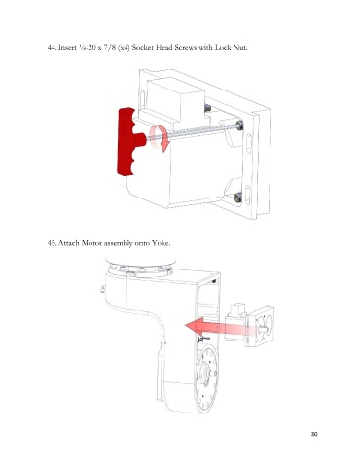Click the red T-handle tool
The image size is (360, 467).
[127, 141]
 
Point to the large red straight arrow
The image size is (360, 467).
[221, 327]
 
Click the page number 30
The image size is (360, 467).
[314, 434]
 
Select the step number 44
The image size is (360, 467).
[52, 47]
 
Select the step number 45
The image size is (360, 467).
[52, 243]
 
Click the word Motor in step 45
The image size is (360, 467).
[91, 243]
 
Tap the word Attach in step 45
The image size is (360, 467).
[69, 243]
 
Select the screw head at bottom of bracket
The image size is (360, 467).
[238, 197]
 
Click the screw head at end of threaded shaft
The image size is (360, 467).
[240, 125]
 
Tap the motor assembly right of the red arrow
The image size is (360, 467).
[249, 325]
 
